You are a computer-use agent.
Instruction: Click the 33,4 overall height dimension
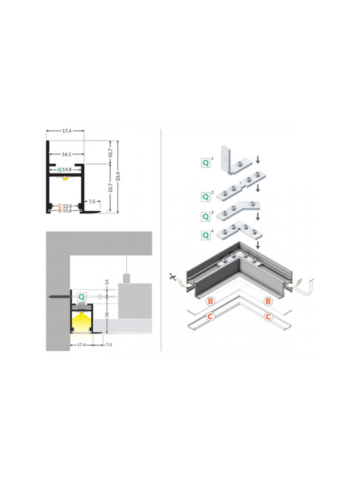[118, 176]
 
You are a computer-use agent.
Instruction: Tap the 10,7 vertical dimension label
[110, 153]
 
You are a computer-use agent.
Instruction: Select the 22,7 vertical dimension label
[110, 187]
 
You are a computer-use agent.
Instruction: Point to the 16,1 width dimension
[66, 154]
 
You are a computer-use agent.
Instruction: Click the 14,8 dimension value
[67, 169]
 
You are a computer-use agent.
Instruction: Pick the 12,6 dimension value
[67, 206]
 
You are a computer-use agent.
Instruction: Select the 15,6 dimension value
[67, 211]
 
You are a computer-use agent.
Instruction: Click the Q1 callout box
[205, 163]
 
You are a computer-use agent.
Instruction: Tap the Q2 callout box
[205, 197]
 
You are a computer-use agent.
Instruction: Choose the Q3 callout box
[205, 217]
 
